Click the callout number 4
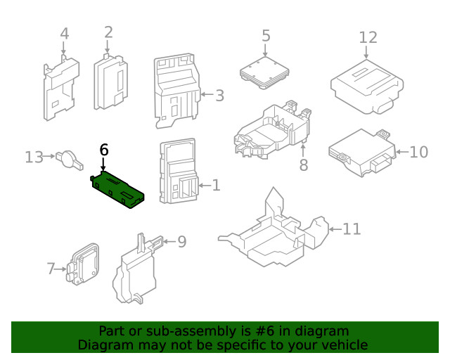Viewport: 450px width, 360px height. pos(64,33)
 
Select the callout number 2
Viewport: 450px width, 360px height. pos(108,32)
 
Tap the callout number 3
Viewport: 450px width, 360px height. pos(219,96)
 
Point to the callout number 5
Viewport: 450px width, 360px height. pos(266,35)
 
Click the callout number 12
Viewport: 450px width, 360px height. pos(368,37)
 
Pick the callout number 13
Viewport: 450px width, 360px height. pos(34,157)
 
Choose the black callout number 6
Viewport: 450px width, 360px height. pos(104,149)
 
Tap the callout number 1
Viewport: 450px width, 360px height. pos(216,186)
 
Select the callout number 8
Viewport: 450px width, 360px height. pos(304,165)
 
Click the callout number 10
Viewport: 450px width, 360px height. pos(418,151)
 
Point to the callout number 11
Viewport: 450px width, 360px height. pos(352,229)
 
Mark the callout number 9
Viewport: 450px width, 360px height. pos(181,242)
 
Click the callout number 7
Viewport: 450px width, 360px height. pos(51,268)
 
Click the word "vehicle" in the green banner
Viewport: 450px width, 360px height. pos(342,345)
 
